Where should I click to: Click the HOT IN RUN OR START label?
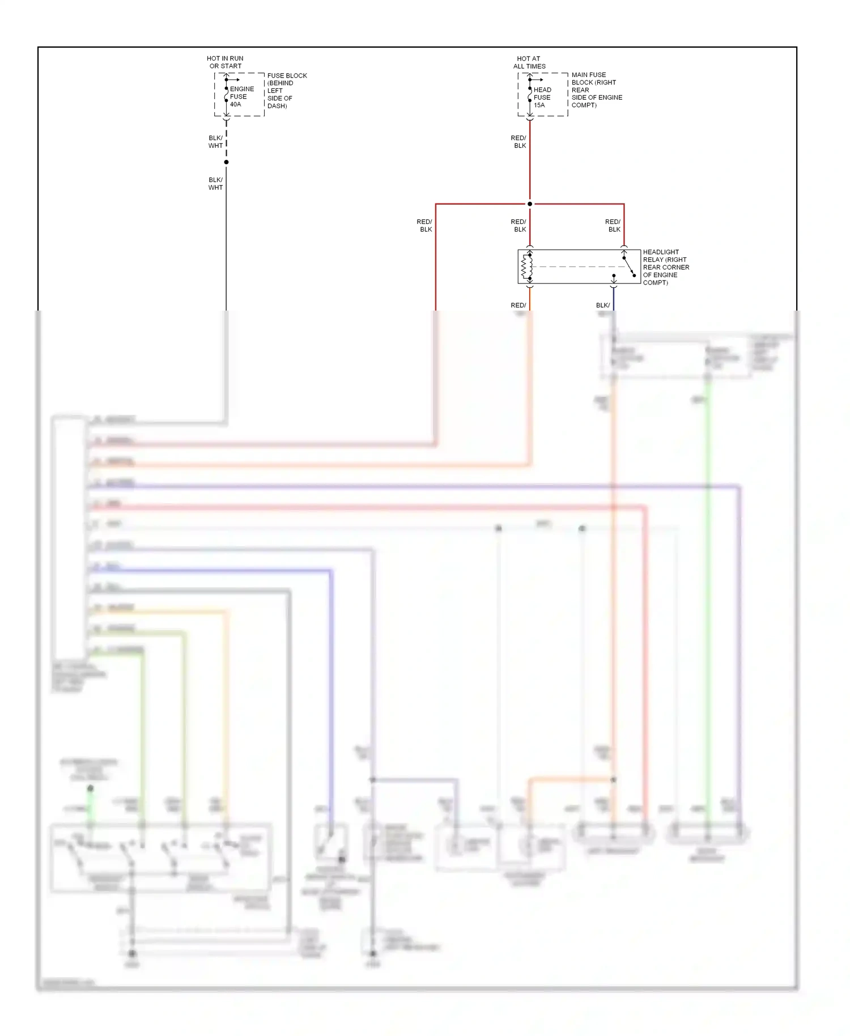[225, 62]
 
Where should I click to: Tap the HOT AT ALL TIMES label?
[529, 62]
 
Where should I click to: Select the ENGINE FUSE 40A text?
[241, 96]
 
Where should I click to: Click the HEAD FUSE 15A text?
[542, 97]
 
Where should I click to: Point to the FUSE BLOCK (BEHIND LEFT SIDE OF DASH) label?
[287, 91]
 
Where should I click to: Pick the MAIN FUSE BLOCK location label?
[596, 90]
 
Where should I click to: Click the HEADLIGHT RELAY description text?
[666, 267]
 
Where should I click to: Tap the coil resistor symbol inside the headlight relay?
[526, 266]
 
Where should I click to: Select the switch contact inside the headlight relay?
[629, 266]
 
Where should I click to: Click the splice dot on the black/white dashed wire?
[226, 162]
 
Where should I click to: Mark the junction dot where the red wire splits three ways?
[530, 204]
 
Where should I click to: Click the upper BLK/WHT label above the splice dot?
[215, 142]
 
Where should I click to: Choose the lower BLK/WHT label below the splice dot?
[215, 184]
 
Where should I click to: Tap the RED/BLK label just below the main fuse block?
[518, 142]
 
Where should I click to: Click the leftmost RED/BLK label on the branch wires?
[424, 226]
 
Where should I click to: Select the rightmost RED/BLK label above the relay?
[613, 226]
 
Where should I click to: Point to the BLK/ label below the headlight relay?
[603, 305]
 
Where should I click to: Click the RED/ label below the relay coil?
[518, 305]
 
